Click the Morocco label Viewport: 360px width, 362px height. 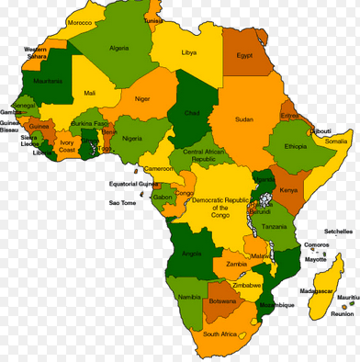(x=80, y=22)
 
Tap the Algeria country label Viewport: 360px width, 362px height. (x=119, y=47)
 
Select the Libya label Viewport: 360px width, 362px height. (x=188, y=52)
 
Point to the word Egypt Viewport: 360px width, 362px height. (x=244, y=56)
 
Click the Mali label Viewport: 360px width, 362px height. (x=89, y=93)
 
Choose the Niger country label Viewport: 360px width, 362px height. (x=142, y=98)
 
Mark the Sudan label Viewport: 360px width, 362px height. (x=243, y=119)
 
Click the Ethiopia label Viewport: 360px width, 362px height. (x=295, y=147)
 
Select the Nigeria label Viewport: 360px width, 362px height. (x=135, y=139)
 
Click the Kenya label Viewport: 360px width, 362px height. (x=288, y=190)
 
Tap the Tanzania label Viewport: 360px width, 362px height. (x=273, y=226)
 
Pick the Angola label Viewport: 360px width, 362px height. (x=192, y=253)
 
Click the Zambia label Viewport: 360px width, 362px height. (x=236, y=265)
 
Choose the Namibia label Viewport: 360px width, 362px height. (x=189, y=298)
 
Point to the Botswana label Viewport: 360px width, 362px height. (x=222, y=300)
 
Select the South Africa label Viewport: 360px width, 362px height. (x=221, y=335)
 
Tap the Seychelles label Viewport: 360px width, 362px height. (x=338, y=232)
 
